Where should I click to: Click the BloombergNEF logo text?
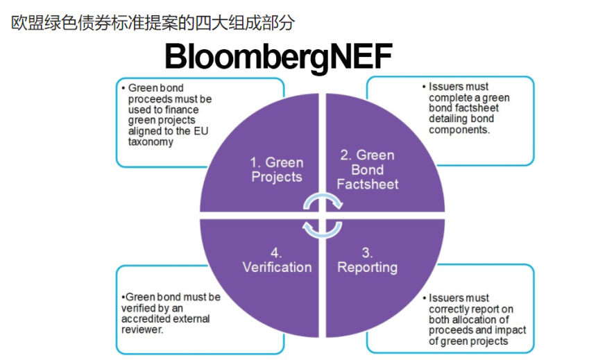278,56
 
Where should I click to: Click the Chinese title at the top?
153,23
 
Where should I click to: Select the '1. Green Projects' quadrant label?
277,169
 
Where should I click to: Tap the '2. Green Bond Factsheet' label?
367,169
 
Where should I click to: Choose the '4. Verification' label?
277,259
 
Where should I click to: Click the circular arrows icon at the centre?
323,216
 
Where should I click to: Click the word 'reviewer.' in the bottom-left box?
142,330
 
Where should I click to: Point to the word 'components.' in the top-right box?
459,130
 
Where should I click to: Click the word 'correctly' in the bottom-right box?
452,309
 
